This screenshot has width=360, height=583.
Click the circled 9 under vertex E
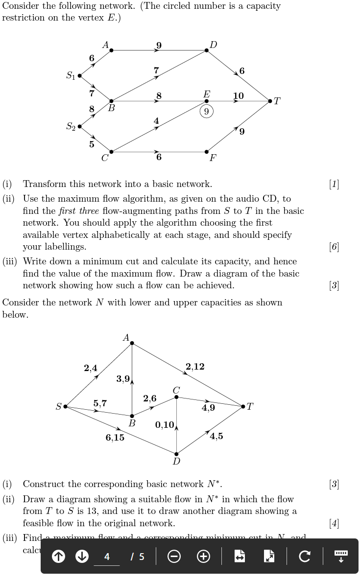[x=206, y=112]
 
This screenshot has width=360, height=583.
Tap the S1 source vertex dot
[x=80, y=76]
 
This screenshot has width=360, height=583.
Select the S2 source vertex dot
[x=80, y=126]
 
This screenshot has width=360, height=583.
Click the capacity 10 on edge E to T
[x=239, y=95]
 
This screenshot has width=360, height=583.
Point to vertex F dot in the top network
[x=207, y=152]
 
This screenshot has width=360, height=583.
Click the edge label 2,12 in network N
[x=195, y=367]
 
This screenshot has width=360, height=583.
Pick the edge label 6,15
[x=115, y=438]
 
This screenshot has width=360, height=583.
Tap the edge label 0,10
[x=165, y=424]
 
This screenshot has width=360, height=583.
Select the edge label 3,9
[x=123, y=378]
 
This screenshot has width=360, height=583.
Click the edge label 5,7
[x=100, y=403]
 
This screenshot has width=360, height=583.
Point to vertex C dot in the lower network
[x=176, y=397]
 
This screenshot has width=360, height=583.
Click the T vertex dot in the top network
[x=270, y=101]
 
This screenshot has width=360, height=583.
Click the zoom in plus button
[x=204, y=556]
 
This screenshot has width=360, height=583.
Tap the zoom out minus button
[x=174, y=556]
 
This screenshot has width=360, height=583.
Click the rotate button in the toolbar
[x=304, y=556]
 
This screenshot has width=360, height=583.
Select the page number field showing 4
[x=107, y=557]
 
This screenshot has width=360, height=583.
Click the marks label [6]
[x=334, y=247]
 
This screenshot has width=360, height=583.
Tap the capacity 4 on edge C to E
[x=156, y=120]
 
